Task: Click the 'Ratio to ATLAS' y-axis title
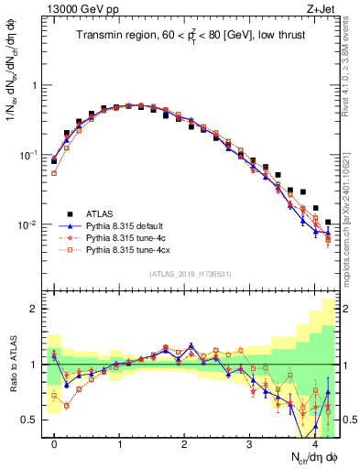[x=12, y=365]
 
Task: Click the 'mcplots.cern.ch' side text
[x=352, y=192]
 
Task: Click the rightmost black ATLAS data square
[x=328, y=221]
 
